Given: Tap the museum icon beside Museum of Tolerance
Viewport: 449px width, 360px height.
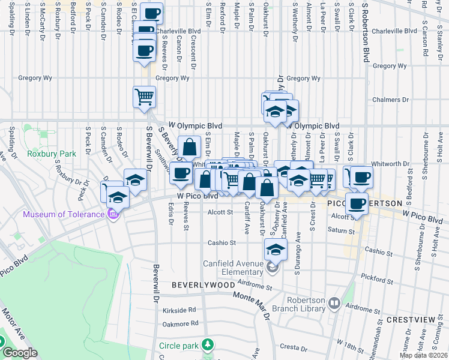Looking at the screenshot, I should point(113,214).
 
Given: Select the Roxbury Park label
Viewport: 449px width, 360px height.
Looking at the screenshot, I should point(52,154).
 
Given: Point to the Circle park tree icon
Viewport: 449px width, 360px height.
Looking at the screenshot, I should point(207,345).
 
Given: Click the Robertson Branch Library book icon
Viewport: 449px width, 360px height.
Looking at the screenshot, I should point(333,305).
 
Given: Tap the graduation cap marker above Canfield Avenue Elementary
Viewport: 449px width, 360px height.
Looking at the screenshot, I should point(276,249).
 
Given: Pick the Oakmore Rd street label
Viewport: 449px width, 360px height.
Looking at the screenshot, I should point(180,323).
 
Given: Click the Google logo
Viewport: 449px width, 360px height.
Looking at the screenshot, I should point(20,353).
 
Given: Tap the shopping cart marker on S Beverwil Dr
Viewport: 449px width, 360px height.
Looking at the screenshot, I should point(144,96).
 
